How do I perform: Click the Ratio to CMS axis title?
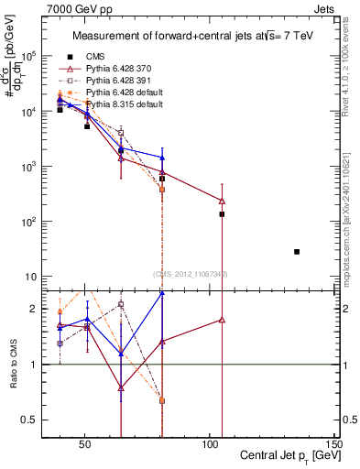point(11,364)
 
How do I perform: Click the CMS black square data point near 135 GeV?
point(297,251)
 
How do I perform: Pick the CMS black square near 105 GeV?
point(222,214)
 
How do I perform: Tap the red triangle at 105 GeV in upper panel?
point(222,201)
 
